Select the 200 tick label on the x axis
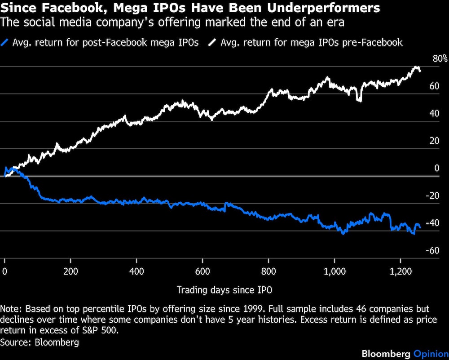70,272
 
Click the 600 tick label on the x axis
202,272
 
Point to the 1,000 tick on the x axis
335,272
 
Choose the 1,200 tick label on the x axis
401,272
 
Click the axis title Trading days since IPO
224,290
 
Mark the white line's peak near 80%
416,67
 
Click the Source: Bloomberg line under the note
40,342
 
